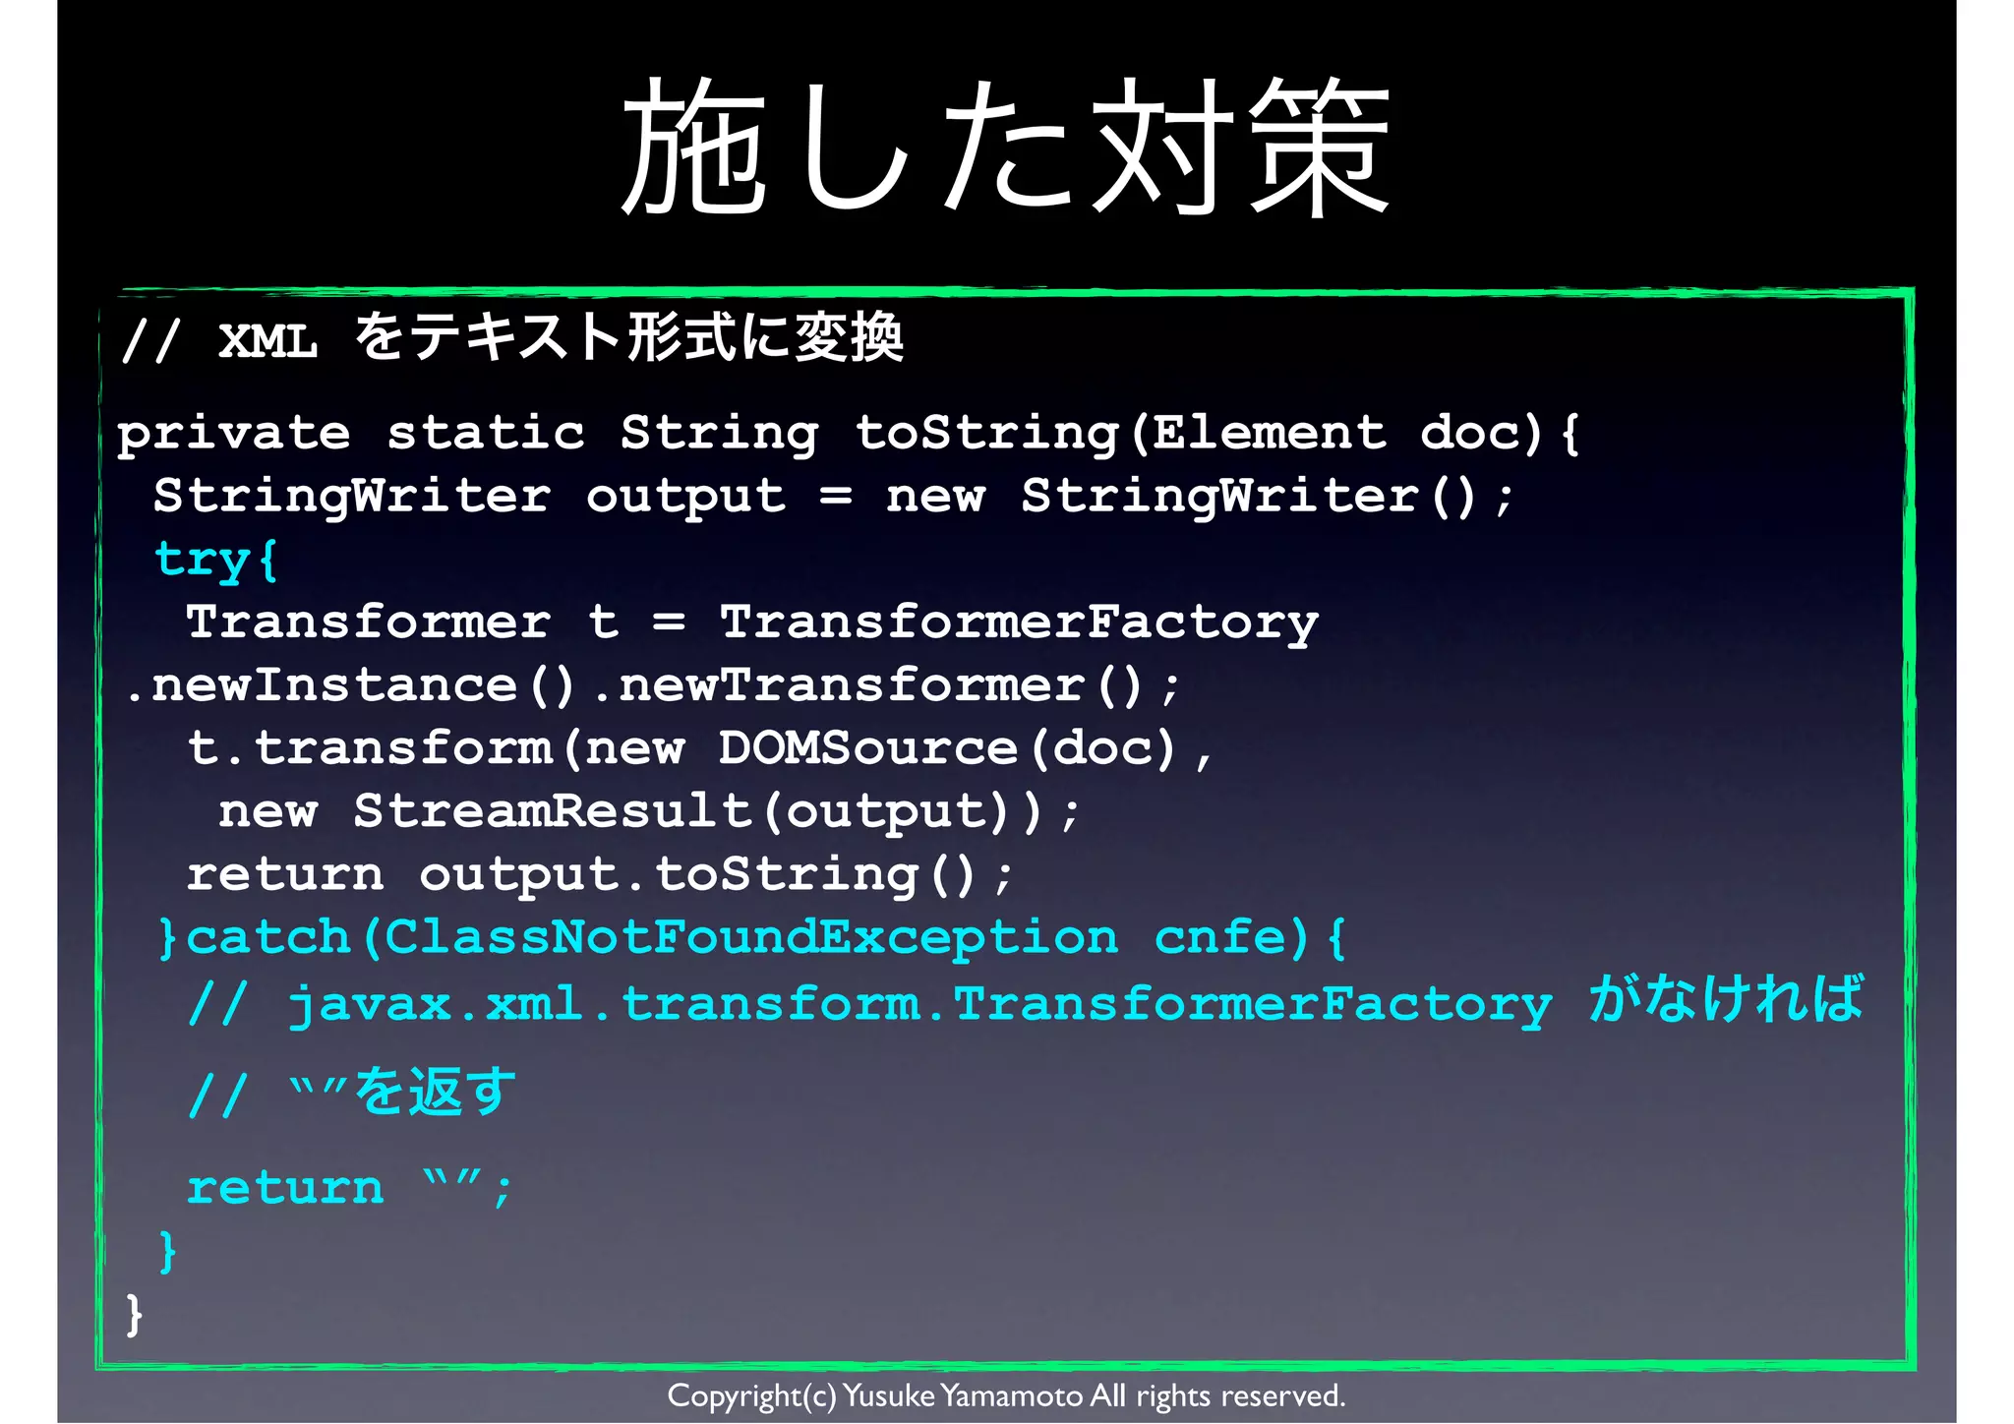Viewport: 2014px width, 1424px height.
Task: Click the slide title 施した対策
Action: click(1005, 148)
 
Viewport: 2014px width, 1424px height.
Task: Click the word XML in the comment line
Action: click(267, 341)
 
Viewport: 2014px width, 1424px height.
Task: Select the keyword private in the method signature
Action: click(233, 434)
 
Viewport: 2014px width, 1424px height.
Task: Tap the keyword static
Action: click(485, 434)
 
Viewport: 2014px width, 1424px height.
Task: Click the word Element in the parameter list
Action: click(1269, 434)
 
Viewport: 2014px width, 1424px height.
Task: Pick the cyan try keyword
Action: click(202, 560)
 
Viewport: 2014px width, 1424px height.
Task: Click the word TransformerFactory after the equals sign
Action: click(1018, 623)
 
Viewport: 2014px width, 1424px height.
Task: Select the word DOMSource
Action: click(867, 748)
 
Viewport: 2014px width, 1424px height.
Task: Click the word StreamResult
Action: click(553, 811)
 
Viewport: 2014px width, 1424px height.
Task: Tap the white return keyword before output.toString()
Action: click(285, 874)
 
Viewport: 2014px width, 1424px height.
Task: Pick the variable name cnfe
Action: click(1229, 937)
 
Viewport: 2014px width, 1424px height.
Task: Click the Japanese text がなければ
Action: click(1726, 999)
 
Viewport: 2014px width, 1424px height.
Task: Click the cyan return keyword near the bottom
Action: click(285, 1188)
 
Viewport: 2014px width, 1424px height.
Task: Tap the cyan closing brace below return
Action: click(168, 1252)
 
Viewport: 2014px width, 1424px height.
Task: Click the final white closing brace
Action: click(134, 1315)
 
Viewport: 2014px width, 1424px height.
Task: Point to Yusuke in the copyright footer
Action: click(888, 1395)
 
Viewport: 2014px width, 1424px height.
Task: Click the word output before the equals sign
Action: click(685, 497)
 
